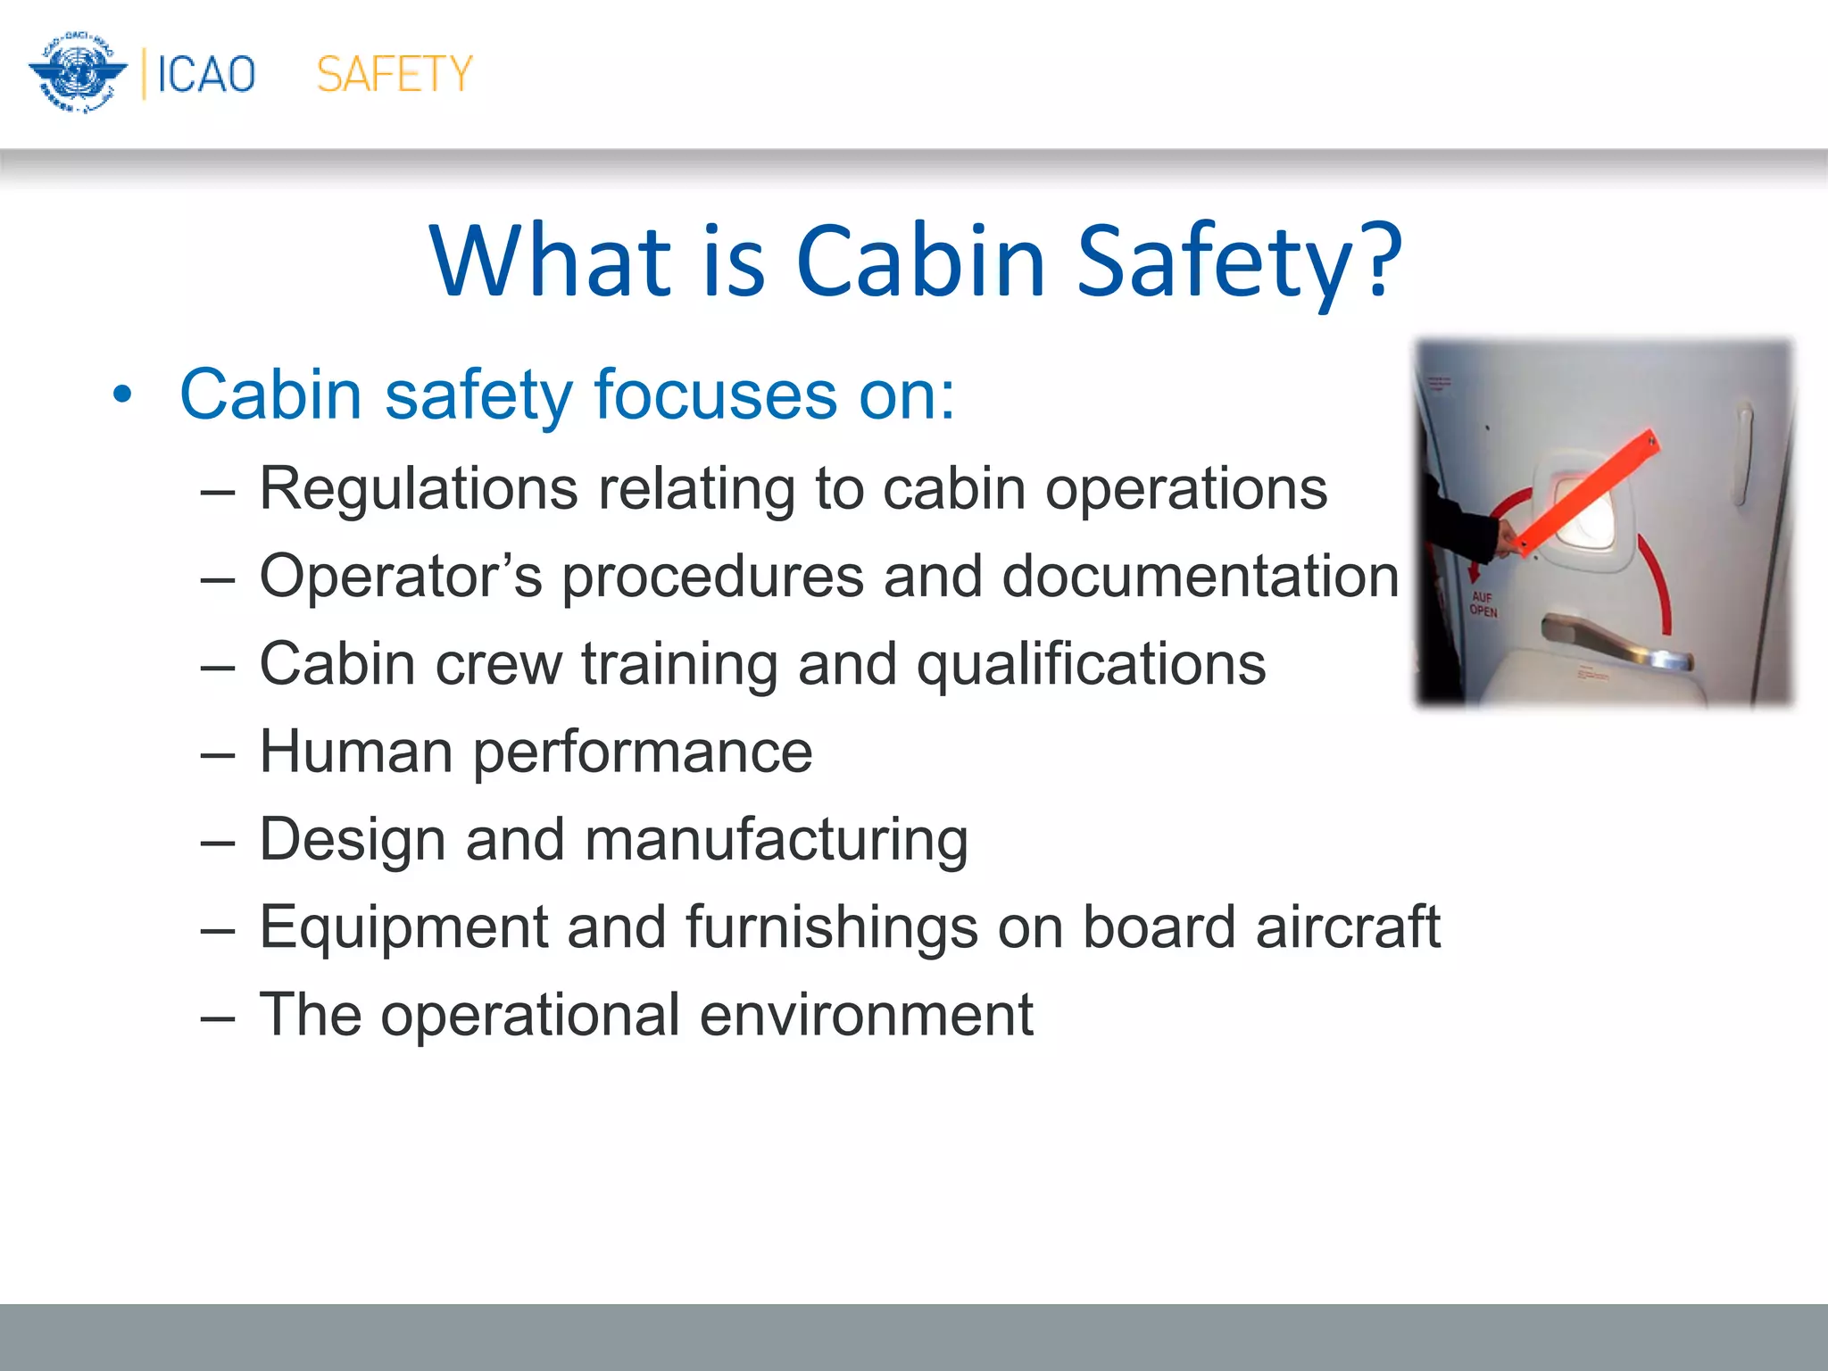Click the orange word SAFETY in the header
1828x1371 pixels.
(x=394, y=74)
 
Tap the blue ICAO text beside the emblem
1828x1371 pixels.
(x=206, y=74)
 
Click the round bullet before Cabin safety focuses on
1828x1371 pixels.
(x=122, y=394)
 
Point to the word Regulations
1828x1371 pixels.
(x=419, y=488)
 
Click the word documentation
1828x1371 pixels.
(x=1200, y=576)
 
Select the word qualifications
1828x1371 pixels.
(x=1091, y=664)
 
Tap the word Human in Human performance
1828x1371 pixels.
(x=355, y=751)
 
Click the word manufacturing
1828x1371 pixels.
(x=776, y=839)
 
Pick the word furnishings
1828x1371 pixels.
(x=831, y=926)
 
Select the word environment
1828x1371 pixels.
(x=865, y=1014)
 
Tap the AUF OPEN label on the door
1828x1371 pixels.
(x=1483, y=604)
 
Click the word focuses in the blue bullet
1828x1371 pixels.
(x=714, y=394)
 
